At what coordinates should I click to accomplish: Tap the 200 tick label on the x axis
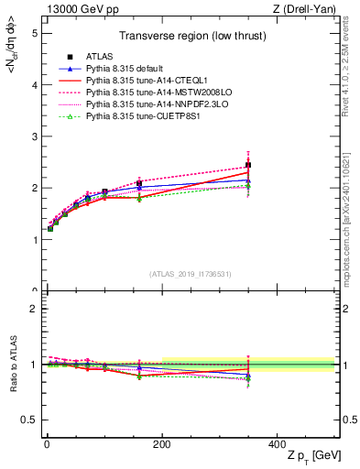tap(162, 444)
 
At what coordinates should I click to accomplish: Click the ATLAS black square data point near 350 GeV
tap(248, 166)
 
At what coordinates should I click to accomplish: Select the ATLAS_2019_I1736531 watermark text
tap(189, 274)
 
